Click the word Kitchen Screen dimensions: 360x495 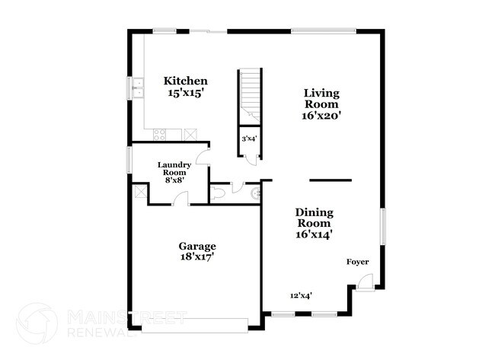[187, 81]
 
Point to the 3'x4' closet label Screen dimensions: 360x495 [249, 139]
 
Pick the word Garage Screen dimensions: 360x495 [197, 246]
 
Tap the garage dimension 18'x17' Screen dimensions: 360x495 [196, 257]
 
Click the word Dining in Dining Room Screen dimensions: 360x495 [315, 213]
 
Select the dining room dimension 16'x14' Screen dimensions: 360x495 [315, 235]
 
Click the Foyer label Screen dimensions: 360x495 [357, 262]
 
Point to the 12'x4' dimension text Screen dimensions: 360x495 [301, 295]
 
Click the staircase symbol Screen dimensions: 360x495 [250, 95]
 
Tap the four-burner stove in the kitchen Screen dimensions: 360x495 [160, 134]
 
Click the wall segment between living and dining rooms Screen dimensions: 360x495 [330, 180]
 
